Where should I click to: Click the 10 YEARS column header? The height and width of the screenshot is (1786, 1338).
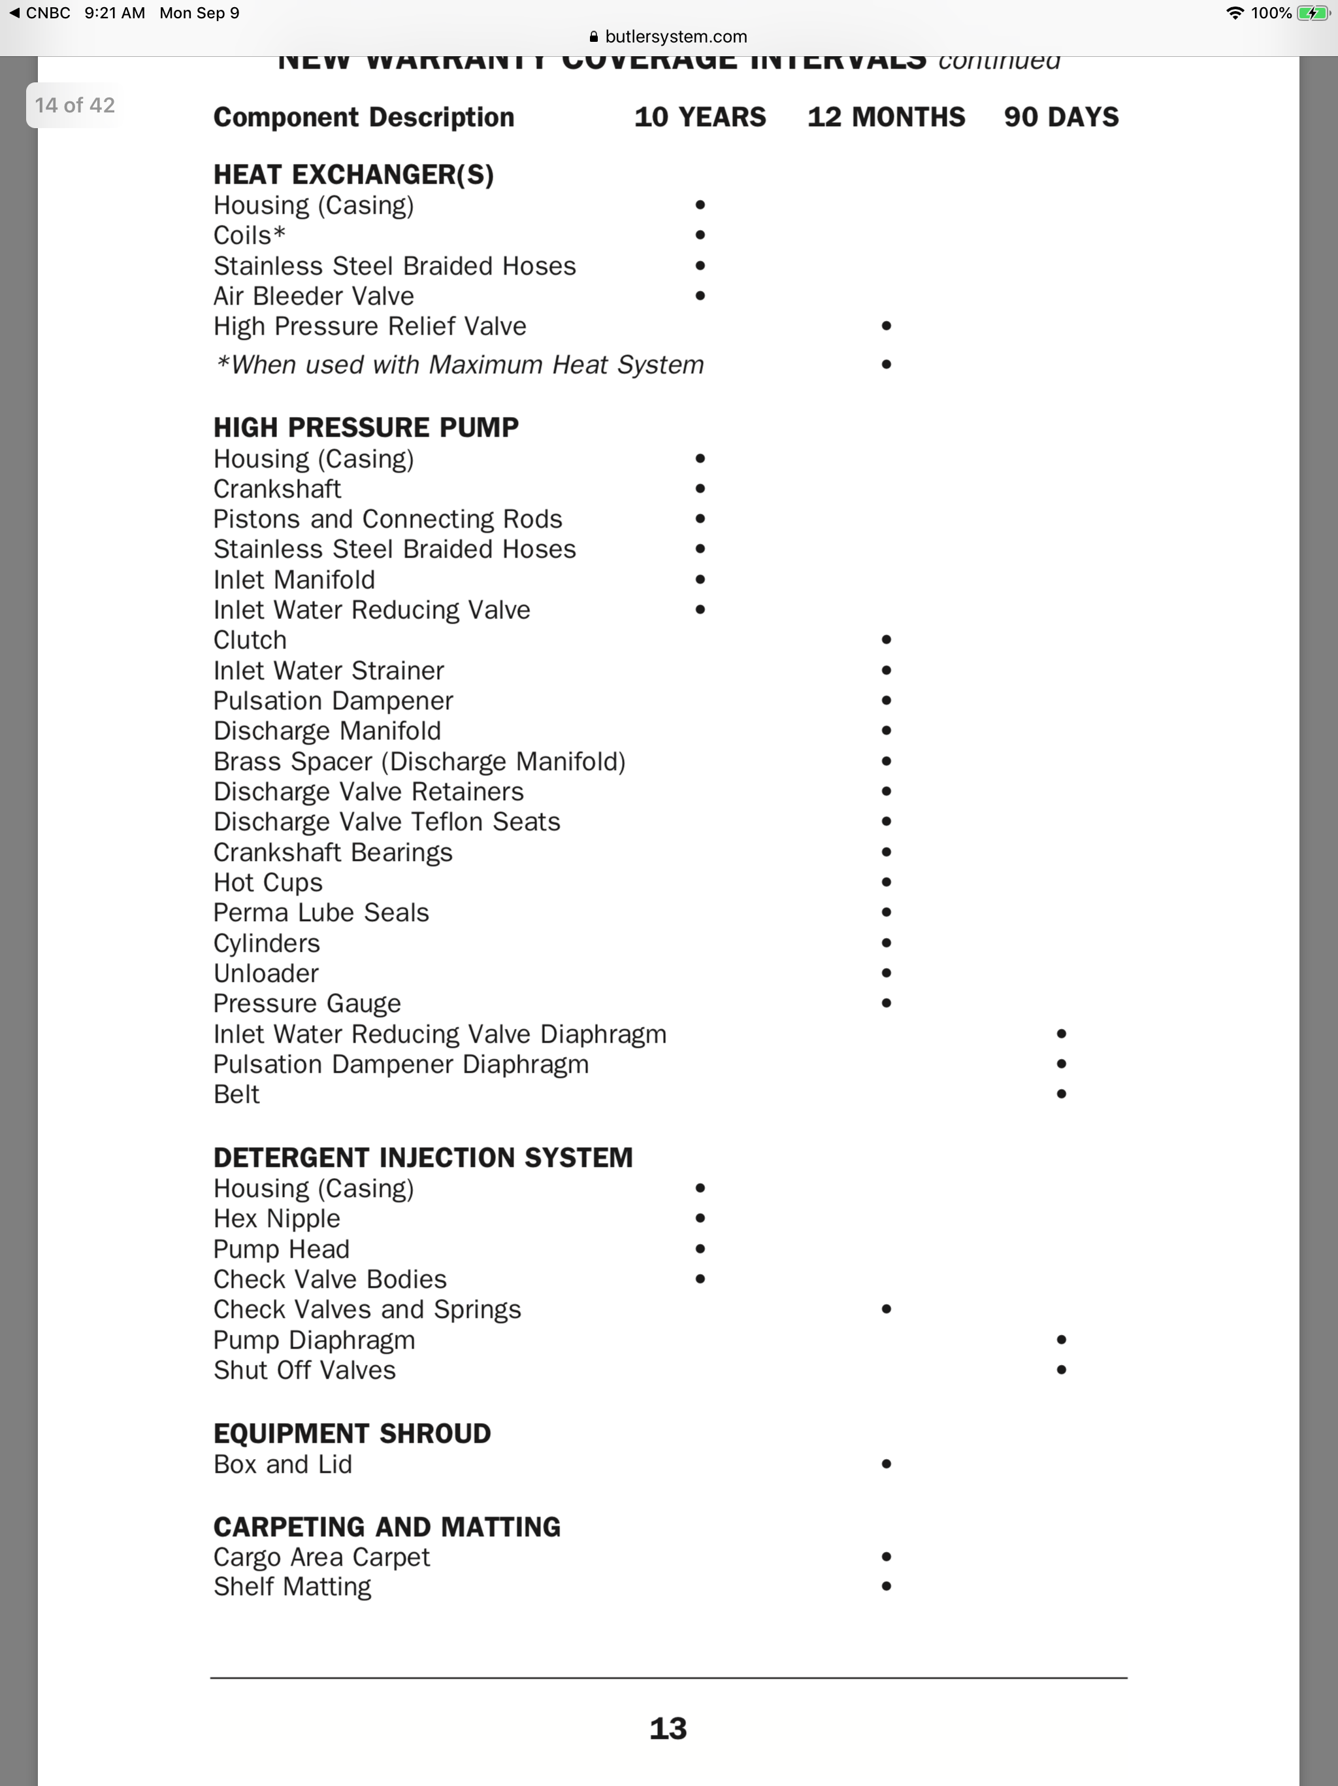(700, 117)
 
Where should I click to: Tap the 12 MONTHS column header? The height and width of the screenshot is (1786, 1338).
(885, 117)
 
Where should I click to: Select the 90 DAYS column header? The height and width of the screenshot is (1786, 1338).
(1060, 117)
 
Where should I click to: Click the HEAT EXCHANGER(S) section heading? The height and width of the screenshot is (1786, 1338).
(353, 175)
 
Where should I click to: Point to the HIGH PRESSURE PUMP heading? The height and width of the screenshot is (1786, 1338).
(366, 427)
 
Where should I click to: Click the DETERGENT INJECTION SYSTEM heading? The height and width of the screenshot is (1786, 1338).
(423, 1157)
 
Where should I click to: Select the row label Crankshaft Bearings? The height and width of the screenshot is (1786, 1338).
(333, 852)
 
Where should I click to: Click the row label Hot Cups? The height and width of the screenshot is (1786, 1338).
(268, 883)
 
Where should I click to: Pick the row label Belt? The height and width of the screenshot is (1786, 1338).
(237, 1094)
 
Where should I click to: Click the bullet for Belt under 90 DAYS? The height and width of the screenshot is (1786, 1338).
(1061, 1094)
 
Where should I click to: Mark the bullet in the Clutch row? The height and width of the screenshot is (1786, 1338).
(886, 639)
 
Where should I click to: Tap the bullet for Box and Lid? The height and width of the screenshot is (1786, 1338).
(886, 1464)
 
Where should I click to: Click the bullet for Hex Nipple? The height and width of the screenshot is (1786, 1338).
(700, 1219)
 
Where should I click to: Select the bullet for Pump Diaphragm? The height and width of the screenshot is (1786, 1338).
(1061, 1339)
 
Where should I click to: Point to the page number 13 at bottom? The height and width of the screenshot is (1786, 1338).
(668, 1728)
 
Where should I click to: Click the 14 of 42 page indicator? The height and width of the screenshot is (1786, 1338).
(74, 105)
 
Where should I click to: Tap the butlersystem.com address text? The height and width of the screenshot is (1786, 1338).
(676, 37)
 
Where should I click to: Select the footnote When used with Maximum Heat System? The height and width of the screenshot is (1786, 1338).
(460, 365)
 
